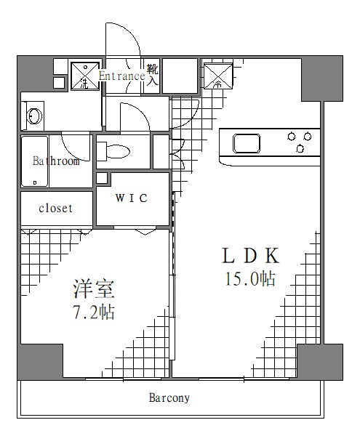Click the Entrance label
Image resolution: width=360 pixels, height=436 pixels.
click(x=121, y=75)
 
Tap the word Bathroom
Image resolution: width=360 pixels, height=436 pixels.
click(x=56, y=161)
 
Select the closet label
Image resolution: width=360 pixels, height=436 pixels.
click(x=56, y=208)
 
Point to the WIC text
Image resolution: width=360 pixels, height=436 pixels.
click(x=132, y=198)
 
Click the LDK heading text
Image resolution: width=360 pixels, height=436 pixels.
click(x=251, y=257)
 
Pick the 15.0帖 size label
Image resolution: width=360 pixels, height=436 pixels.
click(x=251, y=279)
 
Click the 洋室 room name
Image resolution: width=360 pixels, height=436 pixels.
click(x=93, y=289)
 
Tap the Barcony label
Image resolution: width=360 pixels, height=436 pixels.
click(x=169, y=398)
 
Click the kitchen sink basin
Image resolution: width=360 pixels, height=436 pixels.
click(x=246, y=142)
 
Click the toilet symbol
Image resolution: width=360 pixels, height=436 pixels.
click(x=116, y=151)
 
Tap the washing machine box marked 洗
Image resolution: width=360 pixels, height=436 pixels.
click(x=84, y=76)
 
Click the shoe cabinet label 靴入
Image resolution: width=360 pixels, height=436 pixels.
click(x=152, y=74)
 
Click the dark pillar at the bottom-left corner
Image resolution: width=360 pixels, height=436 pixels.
click(x=39, y=361)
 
